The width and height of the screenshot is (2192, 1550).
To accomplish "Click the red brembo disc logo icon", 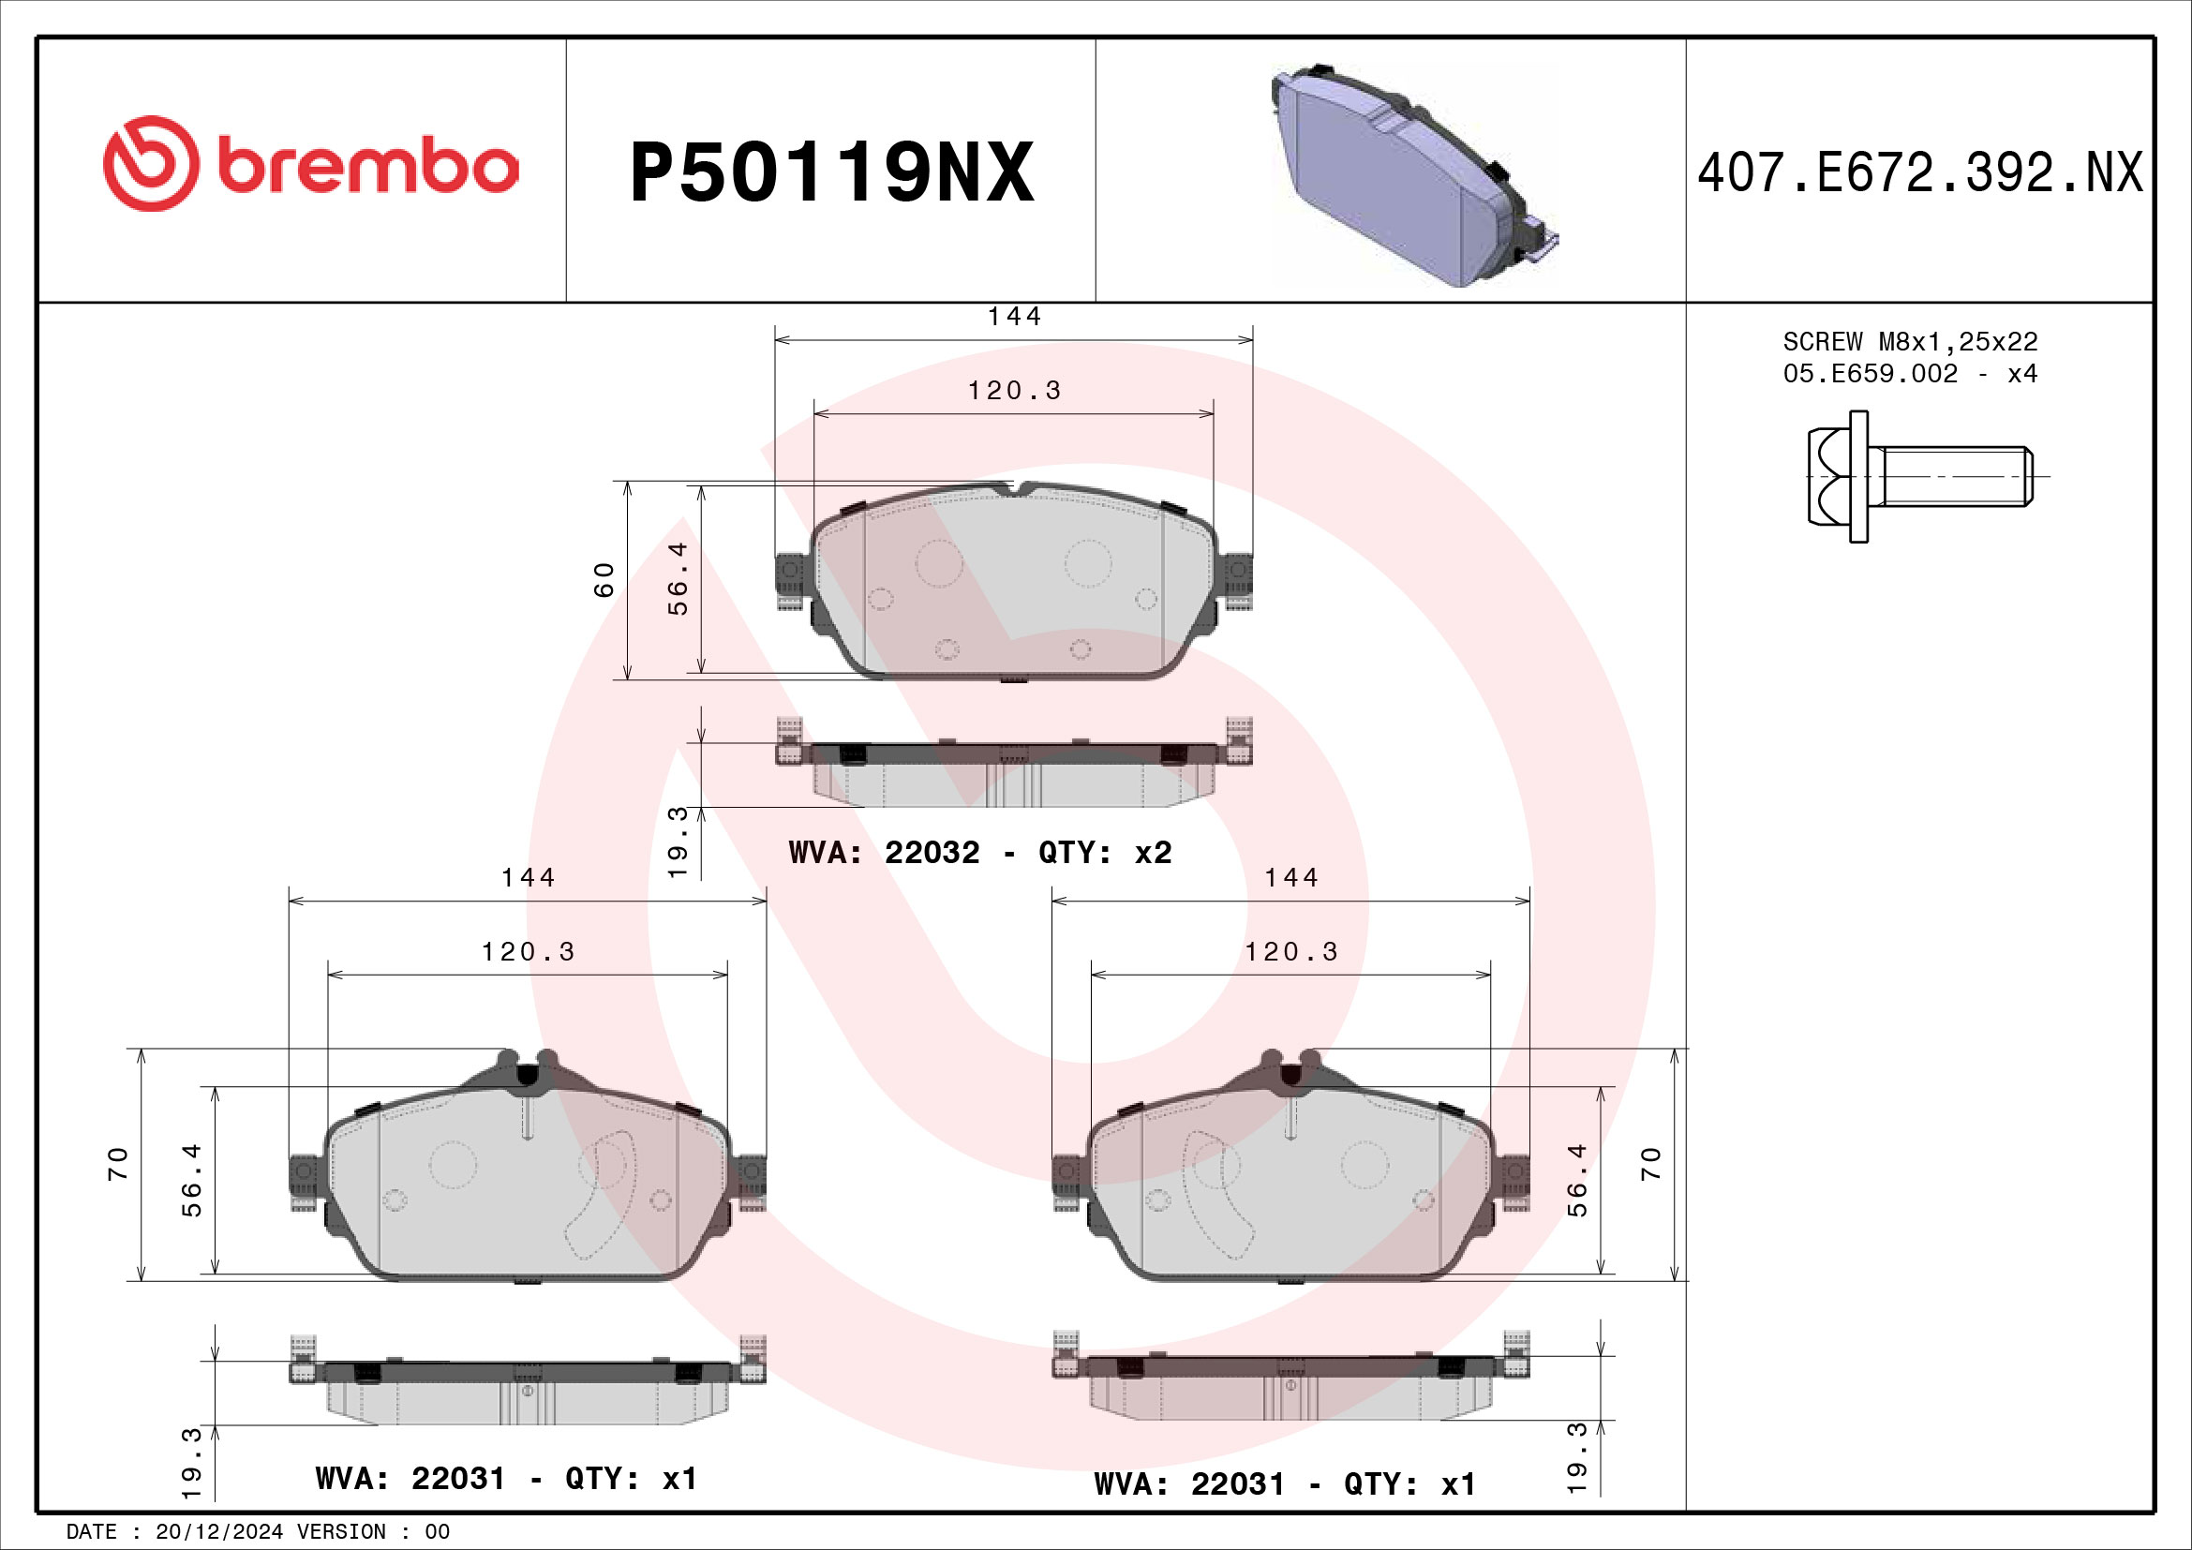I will tap(151, 164).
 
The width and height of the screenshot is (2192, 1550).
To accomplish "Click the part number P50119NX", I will tap(831, 172).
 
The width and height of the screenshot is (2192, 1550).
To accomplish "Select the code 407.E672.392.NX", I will tap(1920, 172).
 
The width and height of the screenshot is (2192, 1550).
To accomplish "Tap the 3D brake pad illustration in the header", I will tap(1413, 176).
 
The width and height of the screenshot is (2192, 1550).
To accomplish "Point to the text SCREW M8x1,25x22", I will tap(1909, 341).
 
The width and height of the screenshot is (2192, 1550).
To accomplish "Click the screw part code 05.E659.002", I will tap(1870, 373).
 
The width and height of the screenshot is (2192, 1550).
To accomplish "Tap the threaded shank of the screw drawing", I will tap(1956, 476).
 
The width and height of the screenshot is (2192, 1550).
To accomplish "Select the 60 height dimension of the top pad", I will tap(604, 579).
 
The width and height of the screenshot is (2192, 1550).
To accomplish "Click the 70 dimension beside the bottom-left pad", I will tap(117, 1164).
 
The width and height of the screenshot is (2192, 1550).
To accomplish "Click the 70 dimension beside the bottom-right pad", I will tap(1650, 1164).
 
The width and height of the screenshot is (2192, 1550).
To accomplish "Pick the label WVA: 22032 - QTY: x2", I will tap(979, 851).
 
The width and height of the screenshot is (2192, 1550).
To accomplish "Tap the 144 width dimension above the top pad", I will tap(1014, 316).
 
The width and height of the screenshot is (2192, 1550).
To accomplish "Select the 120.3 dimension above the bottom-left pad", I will tap(528, 951).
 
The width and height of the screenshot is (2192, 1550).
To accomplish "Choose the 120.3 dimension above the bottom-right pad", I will tap(1290, 951).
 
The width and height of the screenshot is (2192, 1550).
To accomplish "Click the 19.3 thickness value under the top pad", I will tap(677, 842).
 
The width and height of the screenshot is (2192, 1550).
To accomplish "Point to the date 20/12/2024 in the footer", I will tap(218, 1531).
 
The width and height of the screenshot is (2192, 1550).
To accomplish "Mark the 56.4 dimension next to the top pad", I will tap(677, 577).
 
